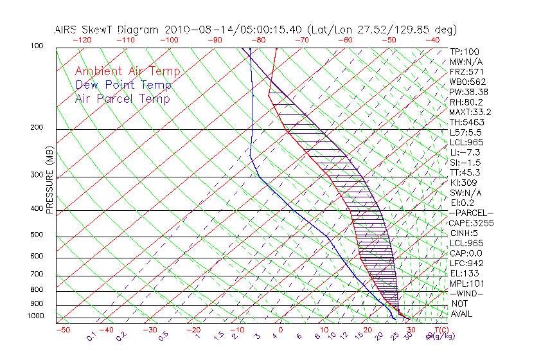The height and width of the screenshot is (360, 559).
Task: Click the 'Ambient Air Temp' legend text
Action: point(127,71)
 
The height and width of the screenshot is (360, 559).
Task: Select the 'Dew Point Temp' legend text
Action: point(123,85)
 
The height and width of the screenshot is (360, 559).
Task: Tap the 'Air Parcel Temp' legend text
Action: point(122,98)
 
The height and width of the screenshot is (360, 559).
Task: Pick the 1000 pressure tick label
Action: point(37,316)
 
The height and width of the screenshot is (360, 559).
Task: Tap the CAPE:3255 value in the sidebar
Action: point(470,223)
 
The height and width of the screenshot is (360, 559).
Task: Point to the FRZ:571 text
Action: point(466,71)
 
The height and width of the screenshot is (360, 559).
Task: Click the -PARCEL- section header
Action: point(472,213)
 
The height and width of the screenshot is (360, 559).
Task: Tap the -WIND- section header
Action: point(467,293)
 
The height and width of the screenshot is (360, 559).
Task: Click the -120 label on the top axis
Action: point(82,39)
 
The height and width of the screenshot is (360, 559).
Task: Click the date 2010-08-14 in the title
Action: point(202,30)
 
